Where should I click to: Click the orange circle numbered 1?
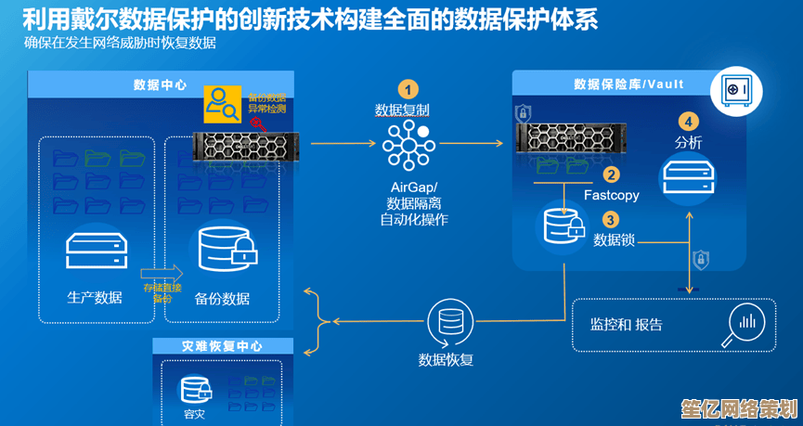(x=407, y=89)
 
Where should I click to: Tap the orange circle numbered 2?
(x=611, y=174)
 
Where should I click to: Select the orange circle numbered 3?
(x=611, y=219)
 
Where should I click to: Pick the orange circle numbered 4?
(x=688, y=121)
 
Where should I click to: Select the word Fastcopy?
(x=611, y=195)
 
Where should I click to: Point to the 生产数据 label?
(x=95, y=297)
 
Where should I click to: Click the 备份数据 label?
(x=223, y=298)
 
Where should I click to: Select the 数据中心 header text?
(x=161, y=84)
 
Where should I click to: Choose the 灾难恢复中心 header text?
(x=222, y=346)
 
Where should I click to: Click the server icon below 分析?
(x=688, y=176)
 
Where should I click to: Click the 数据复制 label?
(x=402, y=110)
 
